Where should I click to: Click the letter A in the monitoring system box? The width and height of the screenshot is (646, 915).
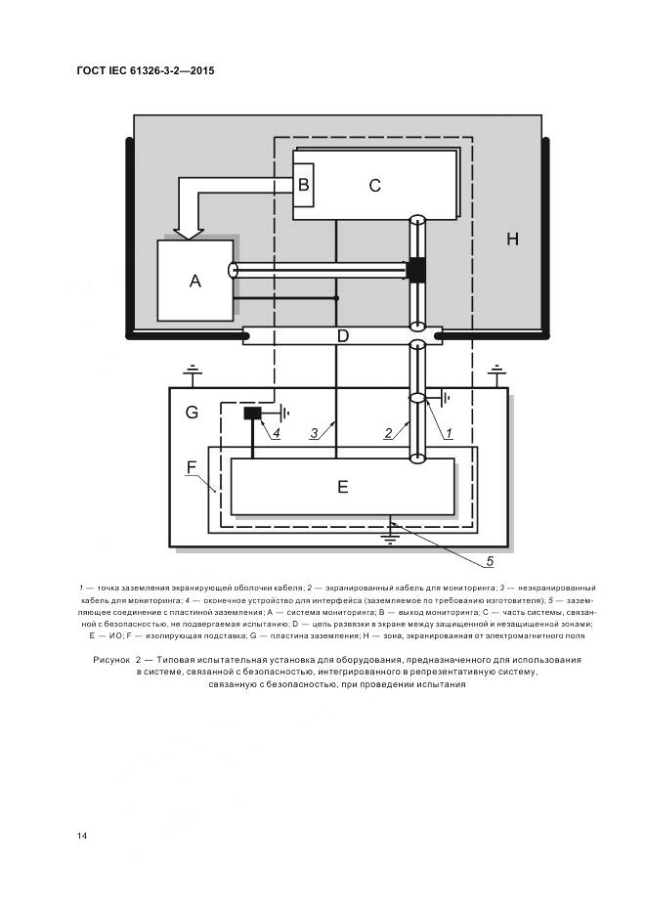194,282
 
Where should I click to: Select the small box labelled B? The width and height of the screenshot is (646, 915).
303,185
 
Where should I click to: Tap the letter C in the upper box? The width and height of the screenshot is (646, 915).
374,186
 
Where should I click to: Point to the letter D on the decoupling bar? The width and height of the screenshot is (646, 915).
343,336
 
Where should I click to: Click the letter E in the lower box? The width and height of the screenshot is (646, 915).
343,487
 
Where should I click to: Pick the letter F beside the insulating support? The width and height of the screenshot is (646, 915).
192,467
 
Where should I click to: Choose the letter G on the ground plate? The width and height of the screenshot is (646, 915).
192,413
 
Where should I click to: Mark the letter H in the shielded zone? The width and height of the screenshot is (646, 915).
512,239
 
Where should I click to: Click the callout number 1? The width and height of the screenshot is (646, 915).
449,433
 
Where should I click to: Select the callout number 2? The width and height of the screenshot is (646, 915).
389,433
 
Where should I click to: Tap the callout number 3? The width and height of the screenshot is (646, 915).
314,433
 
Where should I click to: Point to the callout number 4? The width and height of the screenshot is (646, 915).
276,433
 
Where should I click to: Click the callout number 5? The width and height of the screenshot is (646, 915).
490,561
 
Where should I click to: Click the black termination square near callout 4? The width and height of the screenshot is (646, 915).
253,414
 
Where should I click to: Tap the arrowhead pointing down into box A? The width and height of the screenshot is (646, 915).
189,233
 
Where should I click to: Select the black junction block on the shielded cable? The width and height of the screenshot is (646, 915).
416,270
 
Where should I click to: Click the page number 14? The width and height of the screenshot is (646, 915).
82,836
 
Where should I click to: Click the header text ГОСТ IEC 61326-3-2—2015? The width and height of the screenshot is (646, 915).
146,70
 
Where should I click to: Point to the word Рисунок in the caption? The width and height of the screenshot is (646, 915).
111,660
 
